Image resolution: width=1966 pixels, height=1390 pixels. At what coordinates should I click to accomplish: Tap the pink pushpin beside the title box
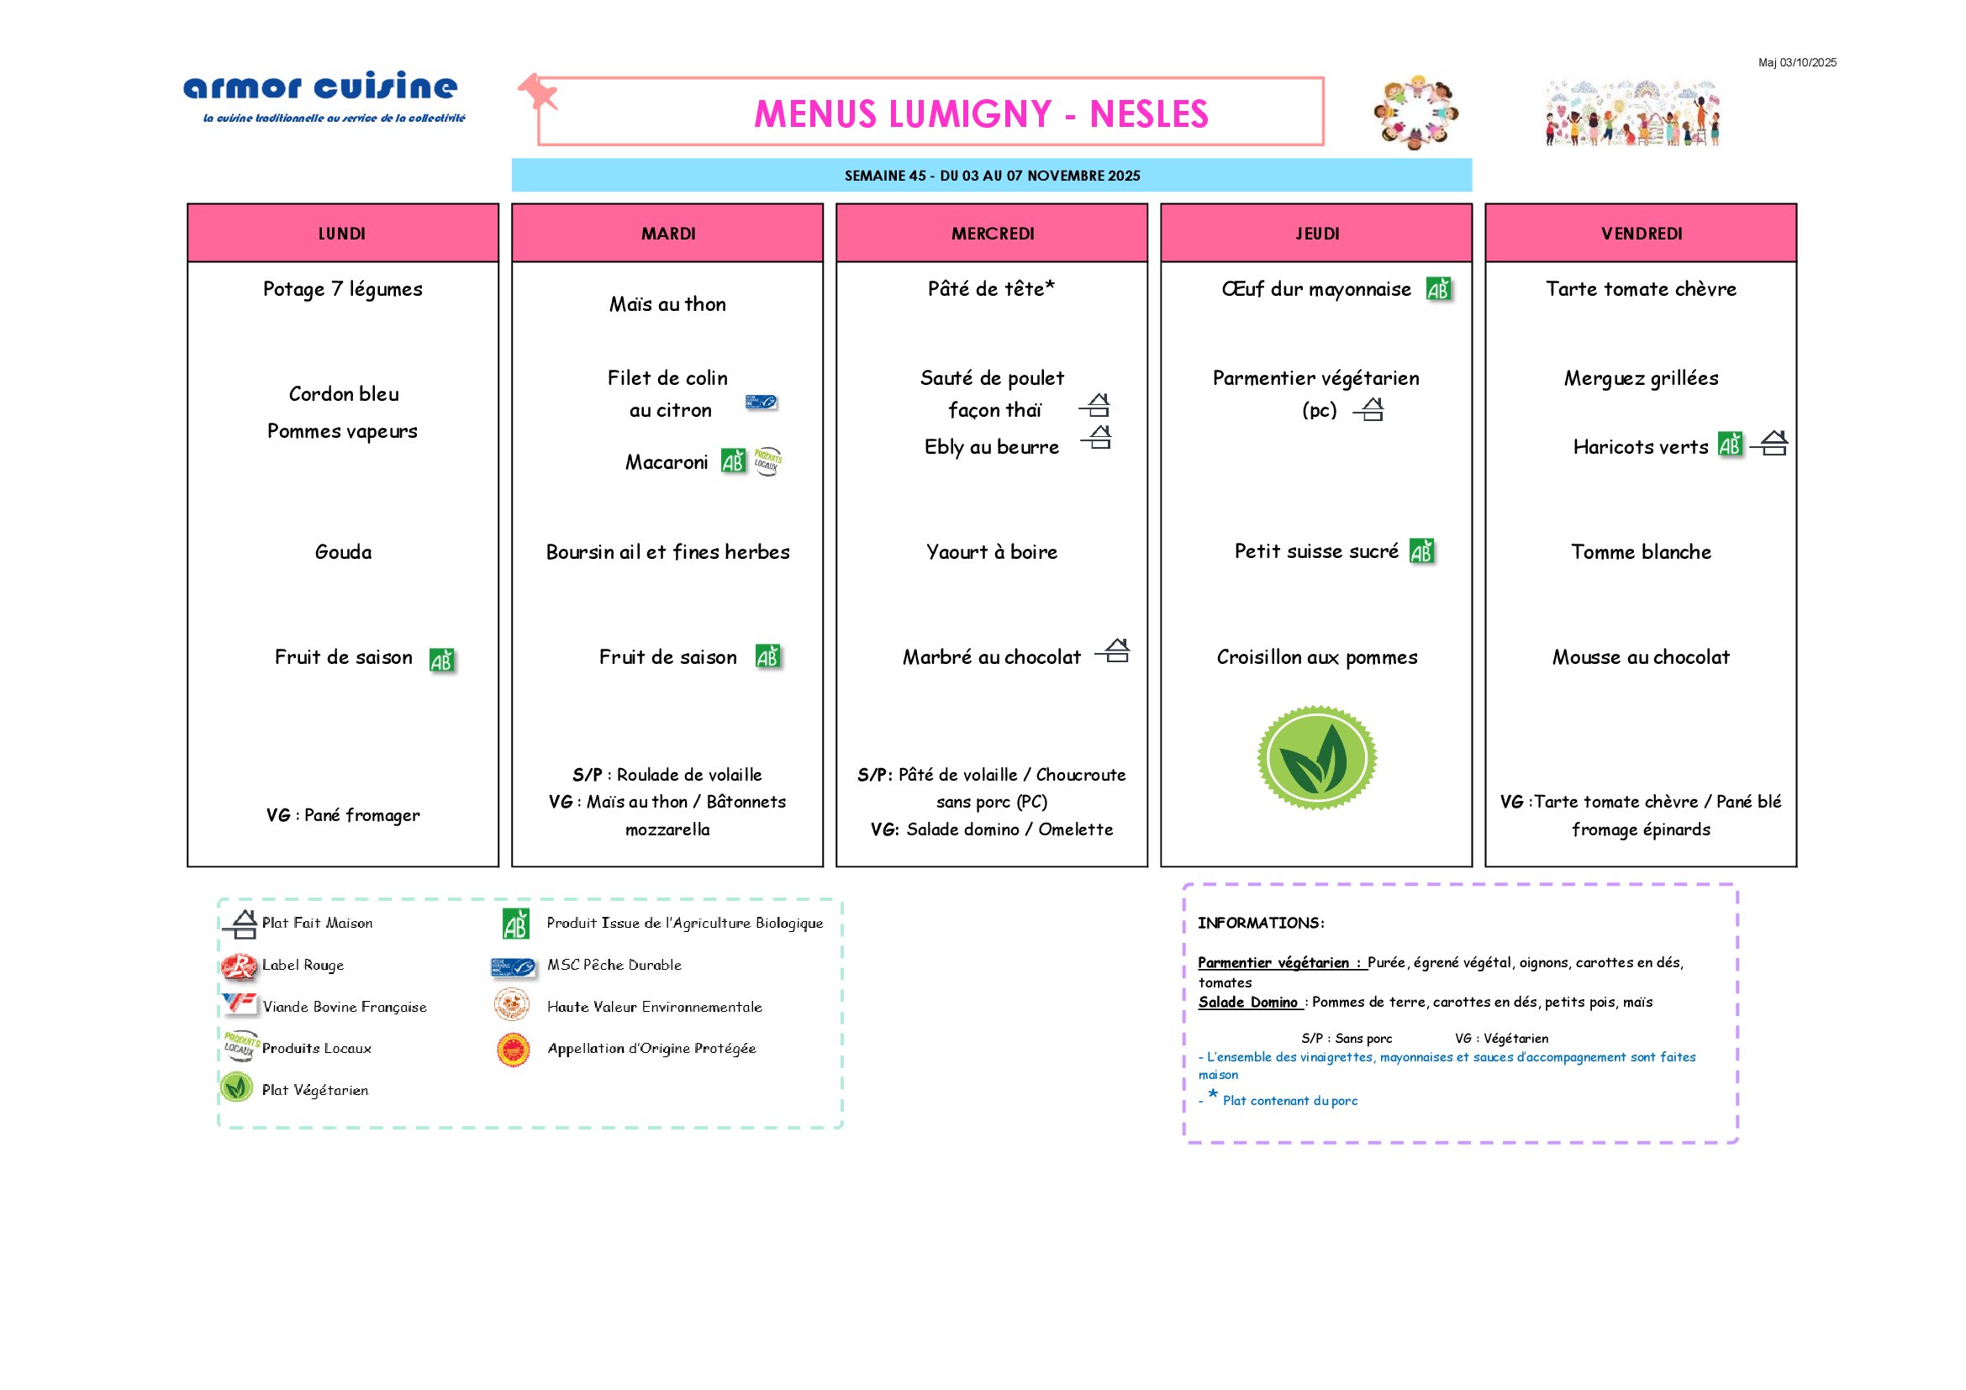538,91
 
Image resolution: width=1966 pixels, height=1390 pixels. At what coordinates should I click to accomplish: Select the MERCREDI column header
992,234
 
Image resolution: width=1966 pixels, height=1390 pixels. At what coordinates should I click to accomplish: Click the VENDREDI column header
1641,234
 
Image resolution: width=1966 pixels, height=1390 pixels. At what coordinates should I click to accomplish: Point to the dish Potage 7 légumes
342,289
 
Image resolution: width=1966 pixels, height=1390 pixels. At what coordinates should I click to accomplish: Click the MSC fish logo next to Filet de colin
761,402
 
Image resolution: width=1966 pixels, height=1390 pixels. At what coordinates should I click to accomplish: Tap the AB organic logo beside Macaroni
733,461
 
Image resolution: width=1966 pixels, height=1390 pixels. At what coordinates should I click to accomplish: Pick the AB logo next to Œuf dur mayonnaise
1438,289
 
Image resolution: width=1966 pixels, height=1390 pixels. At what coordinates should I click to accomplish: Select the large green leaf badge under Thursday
1317,757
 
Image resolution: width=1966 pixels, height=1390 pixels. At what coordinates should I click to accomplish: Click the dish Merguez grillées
1641,378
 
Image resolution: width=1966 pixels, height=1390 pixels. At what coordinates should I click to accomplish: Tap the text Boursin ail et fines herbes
668,552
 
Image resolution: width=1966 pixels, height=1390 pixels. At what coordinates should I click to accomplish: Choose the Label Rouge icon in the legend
238,966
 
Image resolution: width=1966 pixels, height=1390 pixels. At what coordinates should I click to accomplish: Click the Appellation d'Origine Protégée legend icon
513,1050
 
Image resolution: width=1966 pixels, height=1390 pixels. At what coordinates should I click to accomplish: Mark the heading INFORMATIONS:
1261,923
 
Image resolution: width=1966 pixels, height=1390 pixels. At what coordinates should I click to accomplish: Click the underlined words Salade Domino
1247,1003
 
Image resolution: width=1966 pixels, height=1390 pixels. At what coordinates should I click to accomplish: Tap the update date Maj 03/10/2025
1796,62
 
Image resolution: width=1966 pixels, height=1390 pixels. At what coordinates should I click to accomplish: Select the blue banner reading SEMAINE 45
992,176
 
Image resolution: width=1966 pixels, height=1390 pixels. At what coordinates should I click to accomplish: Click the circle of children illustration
1415,112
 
